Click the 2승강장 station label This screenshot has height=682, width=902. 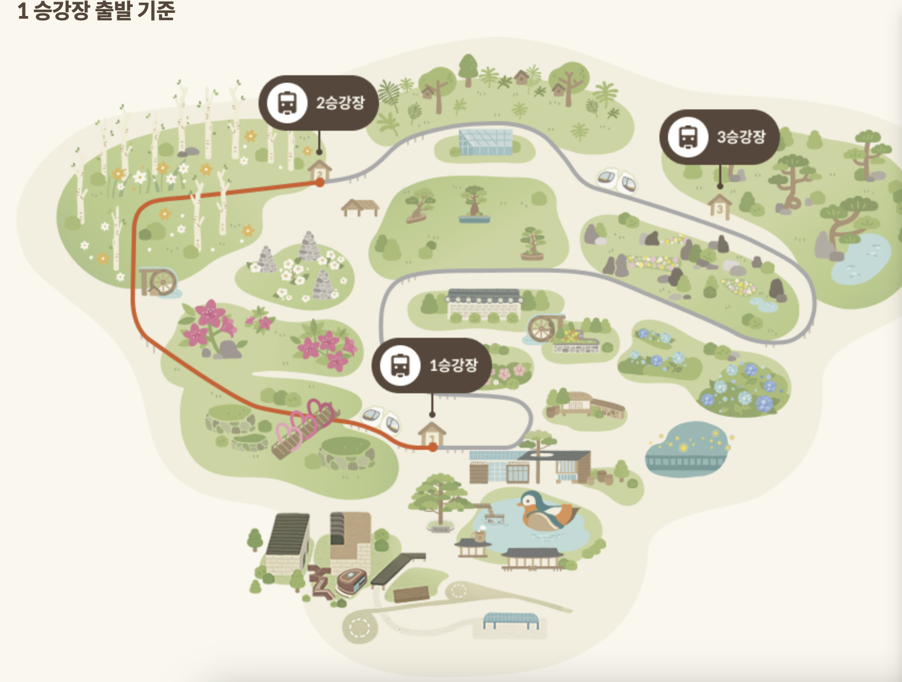[340, 102]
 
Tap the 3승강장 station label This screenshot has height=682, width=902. [740, 137]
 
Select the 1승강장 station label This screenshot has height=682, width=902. [453, 366]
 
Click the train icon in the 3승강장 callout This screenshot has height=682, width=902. [688, 137]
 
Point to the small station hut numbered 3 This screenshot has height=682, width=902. [720, 207]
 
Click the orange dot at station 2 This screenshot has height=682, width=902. [320, 183]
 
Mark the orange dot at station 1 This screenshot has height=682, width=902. [433, 447]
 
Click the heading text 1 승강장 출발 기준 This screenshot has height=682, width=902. [96, 11]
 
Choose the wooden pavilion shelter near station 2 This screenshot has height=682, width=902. [360, 207]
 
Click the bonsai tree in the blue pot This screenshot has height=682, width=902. [474, 205]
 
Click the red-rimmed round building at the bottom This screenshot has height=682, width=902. [351, 581]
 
